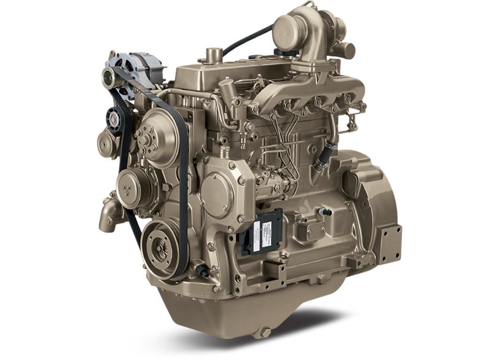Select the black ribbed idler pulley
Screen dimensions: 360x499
[x=114, y=115]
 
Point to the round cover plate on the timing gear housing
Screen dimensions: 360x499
[x=217, y=188]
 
